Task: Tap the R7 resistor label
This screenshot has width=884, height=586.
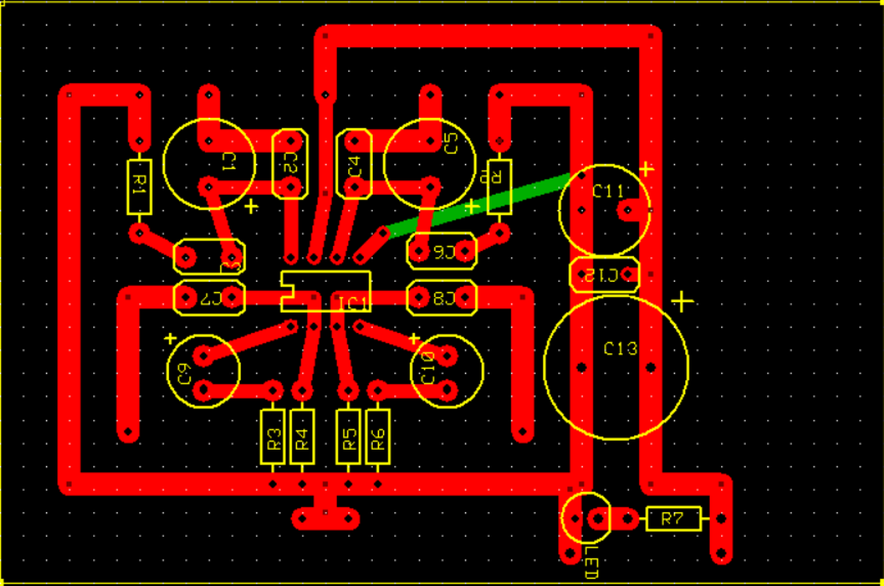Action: point(673,518)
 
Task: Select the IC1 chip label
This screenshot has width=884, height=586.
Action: point(354,303)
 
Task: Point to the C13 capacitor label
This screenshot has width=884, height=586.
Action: point(620,349)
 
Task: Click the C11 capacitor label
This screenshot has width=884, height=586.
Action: point(608,191)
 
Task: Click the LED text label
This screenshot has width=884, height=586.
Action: point(590,562)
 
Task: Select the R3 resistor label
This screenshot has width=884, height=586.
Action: point(273,437)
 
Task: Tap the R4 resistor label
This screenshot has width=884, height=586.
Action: point(302,437)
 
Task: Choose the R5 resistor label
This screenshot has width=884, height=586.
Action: point(349,437)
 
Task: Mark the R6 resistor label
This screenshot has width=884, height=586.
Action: point(377,437)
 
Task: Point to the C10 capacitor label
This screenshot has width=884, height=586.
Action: point(427,368)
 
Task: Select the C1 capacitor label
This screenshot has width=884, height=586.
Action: point(228,163)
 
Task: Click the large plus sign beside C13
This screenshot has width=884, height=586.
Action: point(682,301)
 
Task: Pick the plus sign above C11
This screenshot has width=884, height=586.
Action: point(646,168)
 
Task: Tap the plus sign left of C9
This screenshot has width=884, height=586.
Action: point(171,339)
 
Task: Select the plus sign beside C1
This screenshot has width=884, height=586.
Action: point(251,206)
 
